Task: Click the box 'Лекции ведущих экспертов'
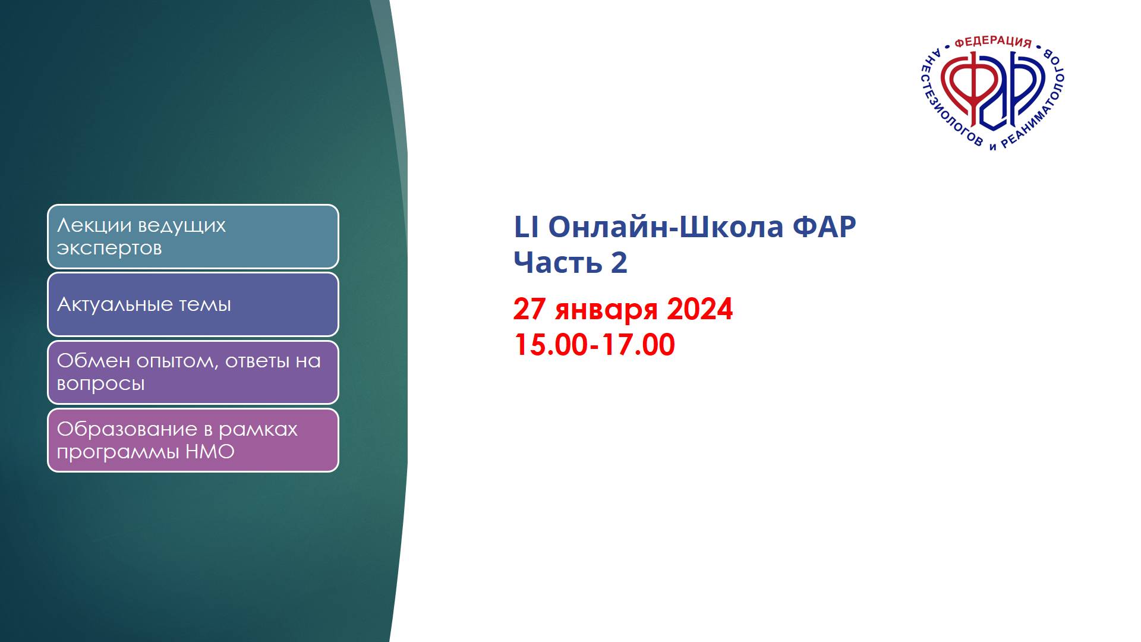coord(193,237)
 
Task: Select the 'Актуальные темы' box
coord(193,304)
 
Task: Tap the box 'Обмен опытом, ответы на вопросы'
coord(193,372)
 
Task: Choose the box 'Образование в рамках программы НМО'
coord(193,440)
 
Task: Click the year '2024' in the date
coord(700,309)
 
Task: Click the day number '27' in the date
coord(529,309)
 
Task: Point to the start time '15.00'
coord(551,345)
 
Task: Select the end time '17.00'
coord(638,345)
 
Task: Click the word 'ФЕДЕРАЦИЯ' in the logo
coord(993,42)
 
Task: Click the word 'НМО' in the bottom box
coord(210,452)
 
